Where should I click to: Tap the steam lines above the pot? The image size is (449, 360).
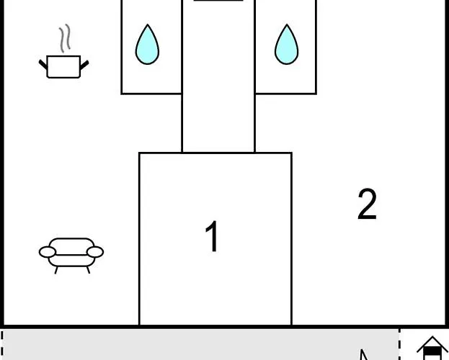pos(65,38)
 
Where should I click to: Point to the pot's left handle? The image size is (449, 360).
pos(43,65)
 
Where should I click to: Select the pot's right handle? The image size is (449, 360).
pos(84,66)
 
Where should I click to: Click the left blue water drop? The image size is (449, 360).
pos(147,45)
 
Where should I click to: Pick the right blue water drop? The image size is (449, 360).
pos(286,45)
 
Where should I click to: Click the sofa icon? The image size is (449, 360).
pos(71,256)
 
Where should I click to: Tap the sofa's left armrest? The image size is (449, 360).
pos(48,252)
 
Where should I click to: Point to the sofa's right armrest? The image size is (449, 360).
pos(95,252)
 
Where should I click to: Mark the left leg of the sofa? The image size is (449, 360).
pos(56,270)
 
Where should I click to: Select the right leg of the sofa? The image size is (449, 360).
pos(88,270)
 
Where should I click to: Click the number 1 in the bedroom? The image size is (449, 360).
pos(212,236)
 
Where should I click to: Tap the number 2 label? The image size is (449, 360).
pos(367,204)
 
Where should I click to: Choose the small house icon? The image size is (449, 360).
pos(432,348)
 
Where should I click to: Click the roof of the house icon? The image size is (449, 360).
pos(432,344)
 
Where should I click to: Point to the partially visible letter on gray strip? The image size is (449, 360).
pos(364,354)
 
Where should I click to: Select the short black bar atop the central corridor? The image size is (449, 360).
pos(218,1)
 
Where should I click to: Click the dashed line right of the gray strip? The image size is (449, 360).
pos(399,344)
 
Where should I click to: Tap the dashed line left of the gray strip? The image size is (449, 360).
pos(1,345)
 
